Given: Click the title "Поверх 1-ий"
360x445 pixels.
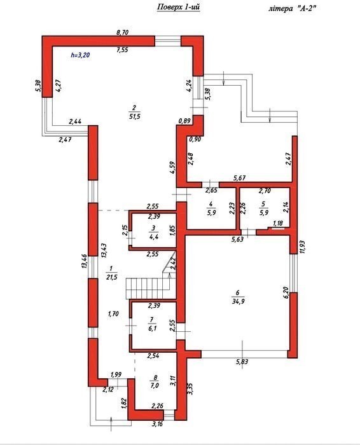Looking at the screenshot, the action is (x=178, y=8).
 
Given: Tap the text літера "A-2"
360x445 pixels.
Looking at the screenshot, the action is (x=292, y=9).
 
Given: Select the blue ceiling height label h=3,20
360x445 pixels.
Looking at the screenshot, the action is (x=80, y=55).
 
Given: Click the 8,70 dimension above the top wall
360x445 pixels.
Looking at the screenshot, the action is (x=122, y=32).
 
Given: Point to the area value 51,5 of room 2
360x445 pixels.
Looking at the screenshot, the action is (x=135, y=116).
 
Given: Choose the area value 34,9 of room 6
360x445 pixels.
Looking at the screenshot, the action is (x=239, y=301).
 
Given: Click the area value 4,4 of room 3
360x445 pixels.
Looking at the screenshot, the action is (x=153, y=237).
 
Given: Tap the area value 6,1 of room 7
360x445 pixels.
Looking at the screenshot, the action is (x=153, y=329).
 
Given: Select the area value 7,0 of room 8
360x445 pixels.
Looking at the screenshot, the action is (x=154, y=386).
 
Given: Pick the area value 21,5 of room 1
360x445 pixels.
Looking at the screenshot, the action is (x=111, y=277).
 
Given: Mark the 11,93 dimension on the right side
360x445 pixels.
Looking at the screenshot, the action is (x=301, y=247).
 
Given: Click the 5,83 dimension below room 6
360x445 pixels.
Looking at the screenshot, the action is (x=242, y=362).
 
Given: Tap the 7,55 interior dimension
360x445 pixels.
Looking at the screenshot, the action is (x=122, y=50).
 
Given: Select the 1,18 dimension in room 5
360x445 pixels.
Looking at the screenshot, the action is (x=278, y=223).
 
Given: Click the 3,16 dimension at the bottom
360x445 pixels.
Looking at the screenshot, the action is (x=158, y=424).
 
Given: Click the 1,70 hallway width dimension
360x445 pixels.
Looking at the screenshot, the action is (x=113, y=314).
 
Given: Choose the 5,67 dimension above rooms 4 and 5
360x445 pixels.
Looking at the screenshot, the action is (x=239, y=178).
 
